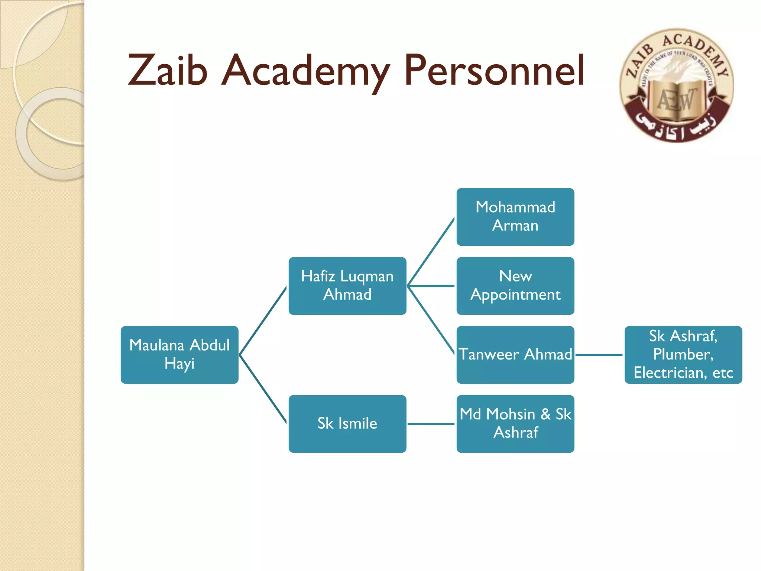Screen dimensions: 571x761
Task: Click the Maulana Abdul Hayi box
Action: (179, 355)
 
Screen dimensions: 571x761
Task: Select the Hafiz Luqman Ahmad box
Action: (347, 285)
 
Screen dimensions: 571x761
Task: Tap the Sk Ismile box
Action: (347, 423)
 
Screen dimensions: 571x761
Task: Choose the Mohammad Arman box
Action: (515, 217)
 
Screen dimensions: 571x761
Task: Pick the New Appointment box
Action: (515, 285)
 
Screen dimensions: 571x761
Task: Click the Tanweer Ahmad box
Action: (515, 355)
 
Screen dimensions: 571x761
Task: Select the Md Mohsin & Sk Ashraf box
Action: (515, 423)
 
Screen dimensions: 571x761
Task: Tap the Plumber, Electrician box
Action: (683, 355)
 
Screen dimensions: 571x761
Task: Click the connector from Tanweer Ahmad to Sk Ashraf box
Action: (599, 355)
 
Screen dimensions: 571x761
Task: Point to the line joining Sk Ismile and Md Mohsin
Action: (431, 424)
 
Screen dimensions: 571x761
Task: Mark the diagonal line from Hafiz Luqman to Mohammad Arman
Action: (431, 252)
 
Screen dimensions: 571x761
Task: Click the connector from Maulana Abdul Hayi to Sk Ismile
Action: (263, 389)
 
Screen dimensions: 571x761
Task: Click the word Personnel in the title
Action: (494, 71)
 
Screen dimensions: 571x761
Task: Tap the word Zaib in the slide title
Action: (167, 71)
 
